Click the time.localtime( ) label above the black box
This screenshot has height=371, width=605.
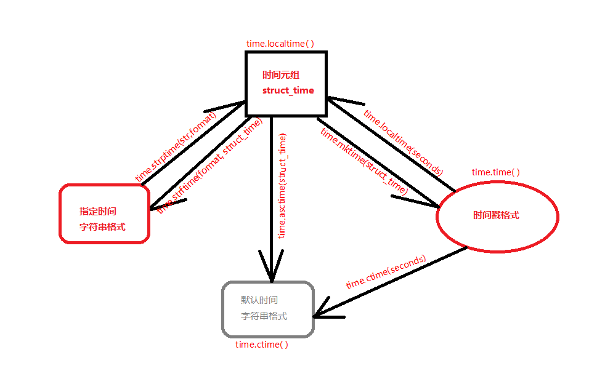pyautogui.click(x=280, y=44)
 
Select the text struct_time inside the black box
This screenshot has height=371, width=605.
pyautogui.click(x=288, y=90)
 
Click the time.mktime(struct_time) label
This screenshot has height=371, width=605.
pyautogui.click(x=364, y=162)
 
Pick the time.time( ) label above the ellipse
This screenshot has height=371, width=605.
pyautogui.click(x=495, y=172)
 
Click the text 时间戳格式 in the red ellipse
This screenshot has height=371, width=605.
pyautogui.click(x=496, y=215)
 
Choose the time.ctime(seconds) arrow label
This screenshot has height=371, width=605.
pyautogui.click(x=386, y=272)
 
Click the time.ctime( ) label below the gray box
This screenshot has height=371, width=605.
pyautogui.click(x=262, y=345)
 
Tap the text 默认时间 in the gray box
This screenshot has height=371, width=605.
pyautogui.click(x=259, y=300)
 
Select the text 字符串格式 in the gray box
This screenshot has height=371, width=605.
pyautogui.click(x=264, y=316)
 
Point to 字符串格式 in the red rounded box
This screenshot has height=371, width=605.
pyautogui.click(x=102, y=226)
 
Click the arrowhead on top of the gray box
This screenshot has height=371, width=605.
pyautogui.click(x=270, y=271)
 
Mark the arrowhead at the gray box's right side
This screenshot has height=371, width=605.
pyautogui.click(x=323, y=311)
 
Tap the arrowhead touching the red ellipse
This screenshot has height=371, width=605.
pyautogui.click(x=425, y=200)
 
